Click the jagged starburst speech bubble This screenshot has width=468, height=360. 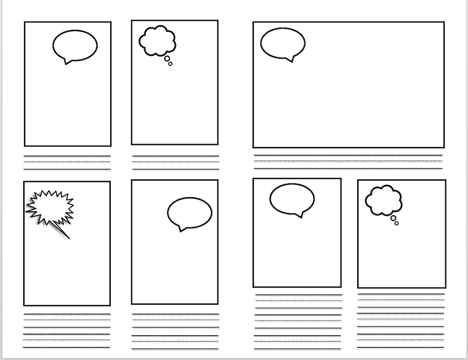[49, 206]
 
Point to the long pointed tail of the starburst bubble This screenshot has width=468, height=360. [63, 232]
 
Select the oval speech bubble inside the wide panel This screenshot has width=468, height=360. [282, 43]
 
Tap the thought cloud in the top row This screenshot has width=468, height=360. [157, 41]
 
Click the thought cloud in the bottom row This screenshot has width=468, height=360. [383, 200]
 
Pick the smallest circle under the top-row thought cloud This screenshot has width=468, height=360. [170, 64]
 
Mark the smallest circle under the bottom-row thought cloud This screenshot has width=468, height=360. [397, 223]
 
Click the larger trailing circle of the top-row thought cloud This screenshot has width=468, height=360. [167, 59]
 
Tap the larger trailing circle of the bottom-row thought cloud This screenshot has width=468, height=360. [393, 218]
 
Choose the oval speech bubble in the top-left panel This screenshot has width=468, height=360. [75, 46]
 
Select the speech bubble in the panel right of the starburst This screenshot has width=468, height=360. [190, 213]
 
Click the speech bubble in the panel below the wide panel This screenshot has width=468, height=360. [292, 199]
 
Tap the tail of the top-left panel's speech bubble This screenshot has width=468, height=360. [67, 62]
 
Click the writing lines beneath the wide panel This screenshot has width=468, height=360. [348, 162]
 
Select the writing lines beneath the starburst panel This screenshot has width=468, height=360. [67, 331]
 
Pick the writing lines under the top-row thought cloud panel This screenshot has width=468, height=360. [176, 162]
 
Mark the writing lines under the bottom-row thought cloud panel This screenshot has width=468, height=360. [401, 321]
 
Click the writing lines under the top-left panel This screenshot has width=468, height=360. [67, 162]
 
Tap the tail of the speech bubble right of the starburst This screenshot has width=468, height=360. [181, 229]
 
